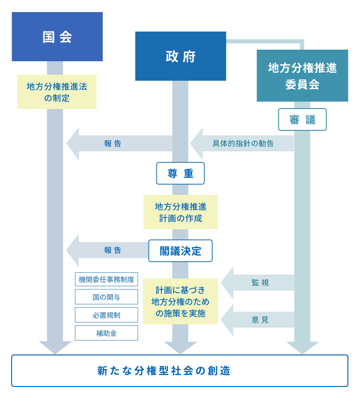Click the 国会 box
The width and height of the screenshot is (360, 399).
pos(57,37)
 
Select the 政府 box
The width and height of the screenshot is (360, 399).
pos(180,56)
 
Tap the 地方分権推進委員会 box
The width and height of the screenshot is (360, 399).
pos(302,76)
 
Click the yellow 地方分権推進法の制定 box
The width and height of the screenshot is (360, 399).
pos(57,92)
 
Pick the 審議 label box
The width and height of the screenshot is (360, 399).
pos(302,120)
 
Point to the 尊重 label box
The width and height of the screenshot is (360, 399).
pos(180,174)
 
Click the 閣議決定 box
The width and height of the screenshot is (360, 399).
pos(180,251)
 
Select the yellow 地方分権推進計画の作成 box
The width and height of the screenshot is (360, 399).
pos(180,212)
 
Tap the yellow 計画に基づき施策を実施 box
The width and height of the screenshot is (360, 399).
pos(180,302)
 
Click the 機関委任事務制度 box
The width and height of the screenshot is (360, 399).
pos(106,279)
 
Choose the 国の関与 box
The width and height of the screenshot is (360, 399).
pos(106,297)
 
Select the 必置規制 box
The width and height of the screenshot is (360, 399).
pos(106,315)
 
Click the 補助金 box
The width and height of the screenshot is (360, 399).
pos(106,333)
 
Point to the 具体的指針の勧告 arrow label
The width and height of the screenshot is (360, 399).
pos(243,143)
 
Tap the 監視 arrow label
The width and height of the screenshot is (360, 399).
pos(260,283)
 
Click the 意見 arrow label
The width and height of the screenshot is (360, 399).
pos(260,320)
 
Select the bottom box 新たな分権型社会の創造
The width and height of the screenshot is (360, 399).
pos(180,371)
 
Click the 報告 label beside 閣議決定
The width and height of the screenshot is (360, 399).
pos(113,251)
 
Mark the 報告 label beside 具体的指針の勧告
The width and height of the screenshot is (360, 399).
pos(113,143)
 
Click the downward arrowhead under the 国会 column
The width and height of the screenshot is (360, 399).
pos(55,348)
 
